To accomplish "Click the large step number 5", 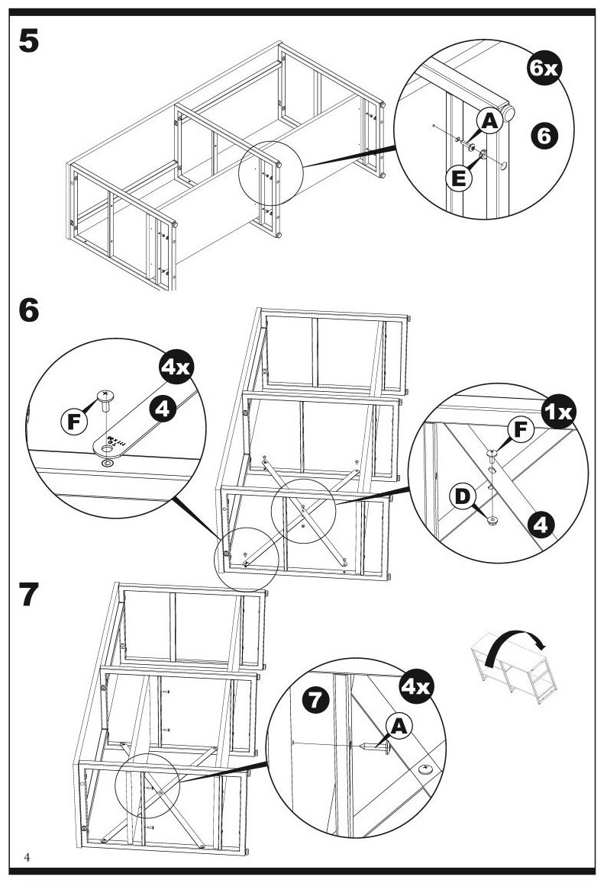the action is pos(29,40).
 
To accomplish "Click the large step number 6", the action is pos(29,310).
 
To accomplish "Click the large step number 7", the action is pos(29,594).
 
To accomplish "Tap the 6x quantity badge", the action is pos(544,67).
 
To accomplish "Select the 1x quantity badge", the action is pos(558,412).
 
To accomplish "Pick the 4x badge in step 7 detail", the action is pos(416,686).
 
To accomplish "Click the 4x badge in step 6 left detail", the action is pos(176,368).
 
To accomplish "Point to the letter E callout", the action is pos(459,178).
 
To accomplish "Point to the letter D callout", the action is pos(463,496).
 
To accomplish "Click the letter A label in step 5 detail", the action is pos(489,120).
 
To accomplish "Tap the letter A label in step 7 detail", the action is pos(399,726).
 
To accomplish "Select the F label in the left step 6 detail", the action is pos(73,421).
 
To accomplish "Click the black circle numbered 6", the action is pos(544,136).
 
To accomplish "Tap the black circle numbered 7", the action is pos(315,700).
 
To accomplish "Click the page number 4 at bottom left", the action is pos(27,857).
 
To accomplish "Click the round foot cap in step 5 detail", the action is pos(510,112).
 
